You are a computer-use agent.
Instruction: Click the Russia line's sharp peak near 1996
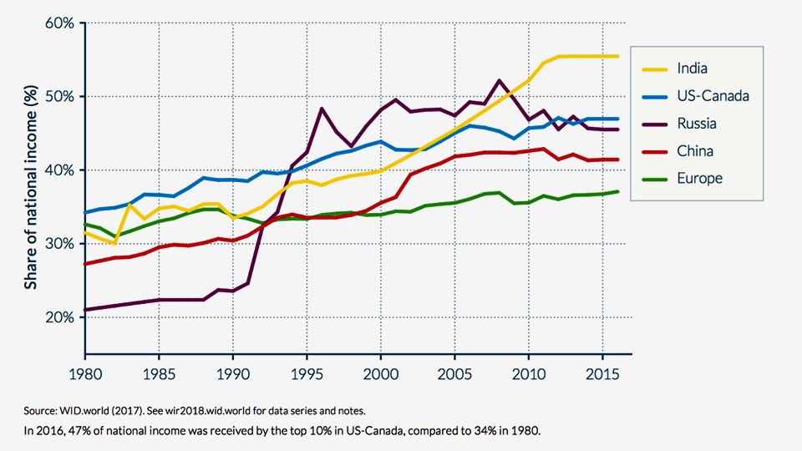pos(322,109)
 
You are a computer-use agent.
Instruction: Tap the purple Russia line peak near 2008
pos(499,81)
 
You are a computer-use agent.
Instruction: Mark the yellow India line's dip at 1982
pos(114,243)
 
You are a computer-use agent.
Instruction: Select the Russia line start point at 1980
pos(84,310)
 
